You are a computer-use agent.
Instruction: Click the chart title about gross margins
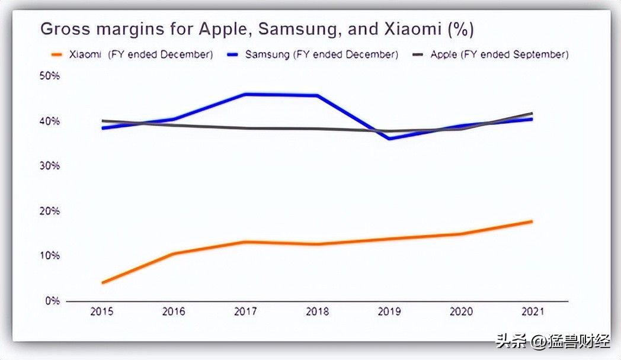pyautogui.click(x=257, y=29)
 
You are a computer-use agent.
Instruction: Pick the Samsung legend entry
pyautogui.click(x=313, y=54)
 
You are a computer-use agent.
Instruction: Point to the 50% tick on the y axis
pyautogui.click(x=50, y=76)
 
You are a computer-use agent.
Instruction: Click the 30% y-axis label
pyautogui.click(x=50, y=166)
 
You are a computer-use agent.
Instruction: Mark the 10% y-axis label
pyautogui.click(x=50, y=256)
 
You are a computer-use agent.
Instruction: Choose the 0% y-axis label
pyautogui.click(x=52, y=301)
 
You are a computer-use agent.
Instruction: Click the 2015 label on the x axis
pyautogui.click(x=103, y=312)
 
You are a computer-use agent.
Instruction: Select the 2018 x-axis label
pyautogui.click(x=317, y=312)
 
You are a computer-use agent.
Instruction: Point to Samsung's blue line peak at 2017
pyautogui.click(x=245, y=94)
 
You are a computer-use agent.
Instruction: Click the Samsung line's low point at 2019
pyautogui.click(x=389, y=139)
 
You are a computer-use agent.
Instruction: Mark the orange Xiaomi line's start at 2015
pyautogui.click(x=103, y=283)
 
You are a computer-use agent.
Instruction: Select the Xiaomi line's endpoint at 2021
pyautogui.click(x=532, y=221)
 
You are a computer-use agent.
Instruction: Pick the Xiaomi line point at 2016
pyautogui.click(x=174, y=253)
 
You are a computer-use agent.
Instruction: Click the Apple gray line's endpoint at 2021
pyautogui.click(x=532, y=113)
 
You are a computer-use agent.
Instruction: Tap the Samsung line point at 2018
pyautogui.click(x=318, y=95)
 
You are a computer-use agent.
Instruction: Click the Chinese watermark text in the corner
pyautogui.click(x=552, y=342)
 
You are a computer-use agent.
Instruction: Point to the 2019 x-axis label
pyautogui.click(x=389, y=312)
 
